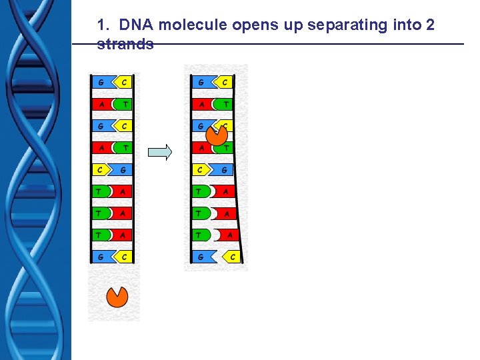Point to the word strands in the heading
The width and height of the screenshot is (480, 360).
tap(125, 45)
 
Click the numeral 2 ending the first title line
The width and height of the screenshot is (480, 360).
tap(430, 26)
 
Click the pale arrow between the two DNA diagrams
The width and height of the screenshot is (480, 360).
tap(160, 152)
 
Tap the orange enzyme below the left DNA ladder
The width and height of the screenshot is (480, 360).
tap(117, 297)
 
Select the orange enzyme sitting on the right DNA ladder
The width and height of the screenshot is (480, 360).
tap(217, 135)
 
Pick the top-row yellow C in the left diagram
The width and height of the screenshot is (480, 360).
tap(124, 83)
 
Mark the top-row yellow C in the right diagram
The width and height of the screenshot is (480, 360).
tap(224, 83)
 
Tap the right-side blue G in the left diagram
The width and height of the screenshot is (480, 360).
tap(123, 170)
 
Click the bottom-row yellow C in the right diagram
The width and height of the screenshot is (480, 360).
tap(232, 256)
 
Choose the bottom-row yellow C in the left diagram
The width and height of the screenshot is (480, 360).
tap(124, 256)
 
